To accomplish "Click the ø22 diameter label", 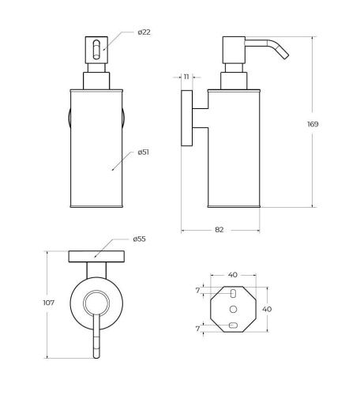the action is pos(144,32).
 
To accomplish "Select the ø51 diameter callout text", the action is pos(144,152).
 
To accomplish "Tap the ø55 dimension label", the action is pos(139,239).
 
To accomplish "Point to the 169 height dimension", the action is pos(313,124).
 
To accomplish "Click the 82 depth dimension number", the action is pos(219,230).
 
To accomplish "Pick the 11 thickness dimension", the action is pos(186,77).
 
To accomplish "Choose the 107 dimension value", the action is pos(49,303).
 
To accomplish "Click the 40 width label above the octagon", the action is pos(233,275).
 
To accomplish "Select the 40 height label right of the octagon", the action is pos(267,309).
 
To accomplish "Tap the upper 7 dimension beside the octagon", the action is pos(198,291).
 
